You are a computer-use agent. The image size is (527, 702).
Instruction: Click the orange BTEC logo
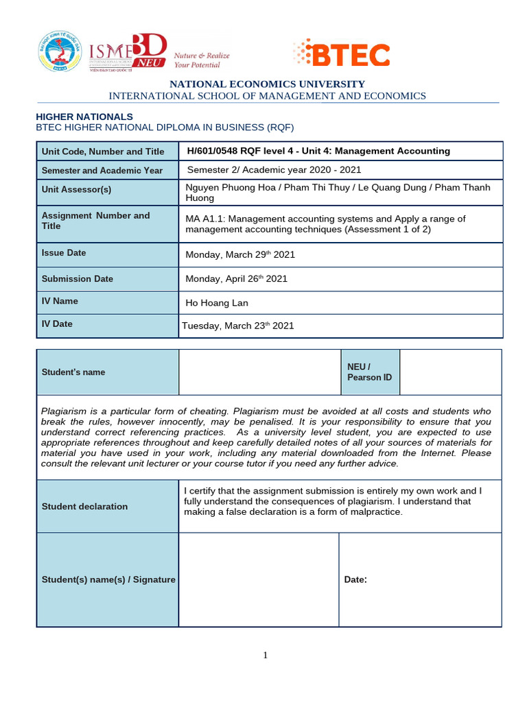[341, 55]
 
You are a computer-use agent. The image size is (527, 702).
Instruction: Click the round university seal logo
[59, 51]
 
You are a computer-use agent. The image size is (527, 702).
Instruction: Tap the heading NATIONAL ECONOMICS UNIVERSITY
[268, 84]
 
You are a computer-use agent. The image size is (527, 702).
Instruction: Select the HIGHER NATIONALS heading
[84, 117]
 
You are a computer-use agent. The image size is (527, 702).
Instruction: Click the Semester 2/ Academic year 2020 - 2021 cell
[274, 170]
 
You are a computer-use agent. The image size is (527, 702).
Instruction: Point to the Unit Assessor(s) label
[76, 189]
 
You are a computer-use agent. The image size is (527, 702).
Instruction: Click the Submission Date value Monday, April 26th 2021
[237, 279]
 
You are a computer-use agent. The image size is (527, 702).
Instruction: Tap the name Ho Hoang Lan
[217, 303]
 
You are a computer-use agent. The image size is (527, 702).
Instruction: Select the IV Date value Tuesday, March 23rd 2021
[237, 326]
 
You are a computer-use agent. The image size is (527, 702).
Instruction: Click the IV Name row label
[60, 301]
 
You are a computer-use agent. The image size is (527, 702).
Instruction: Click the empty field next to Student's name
[259, 372]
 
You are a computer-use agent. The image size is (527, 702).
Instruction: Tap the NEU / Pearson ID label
[370, 372]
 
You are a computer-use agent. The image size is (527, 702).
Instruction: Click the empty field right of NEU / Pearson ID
[450, 372]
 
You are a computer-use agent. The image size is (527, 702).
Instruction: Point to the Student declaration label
[84, 507]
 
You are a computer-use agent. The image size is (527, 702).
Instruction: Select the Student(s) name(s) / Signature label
[108, 580]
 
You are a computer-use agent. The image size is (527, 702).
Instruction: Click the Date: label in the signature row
[355, 580]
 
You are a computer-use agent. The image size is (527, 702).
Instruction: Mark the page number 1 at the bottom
[266, 655]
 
